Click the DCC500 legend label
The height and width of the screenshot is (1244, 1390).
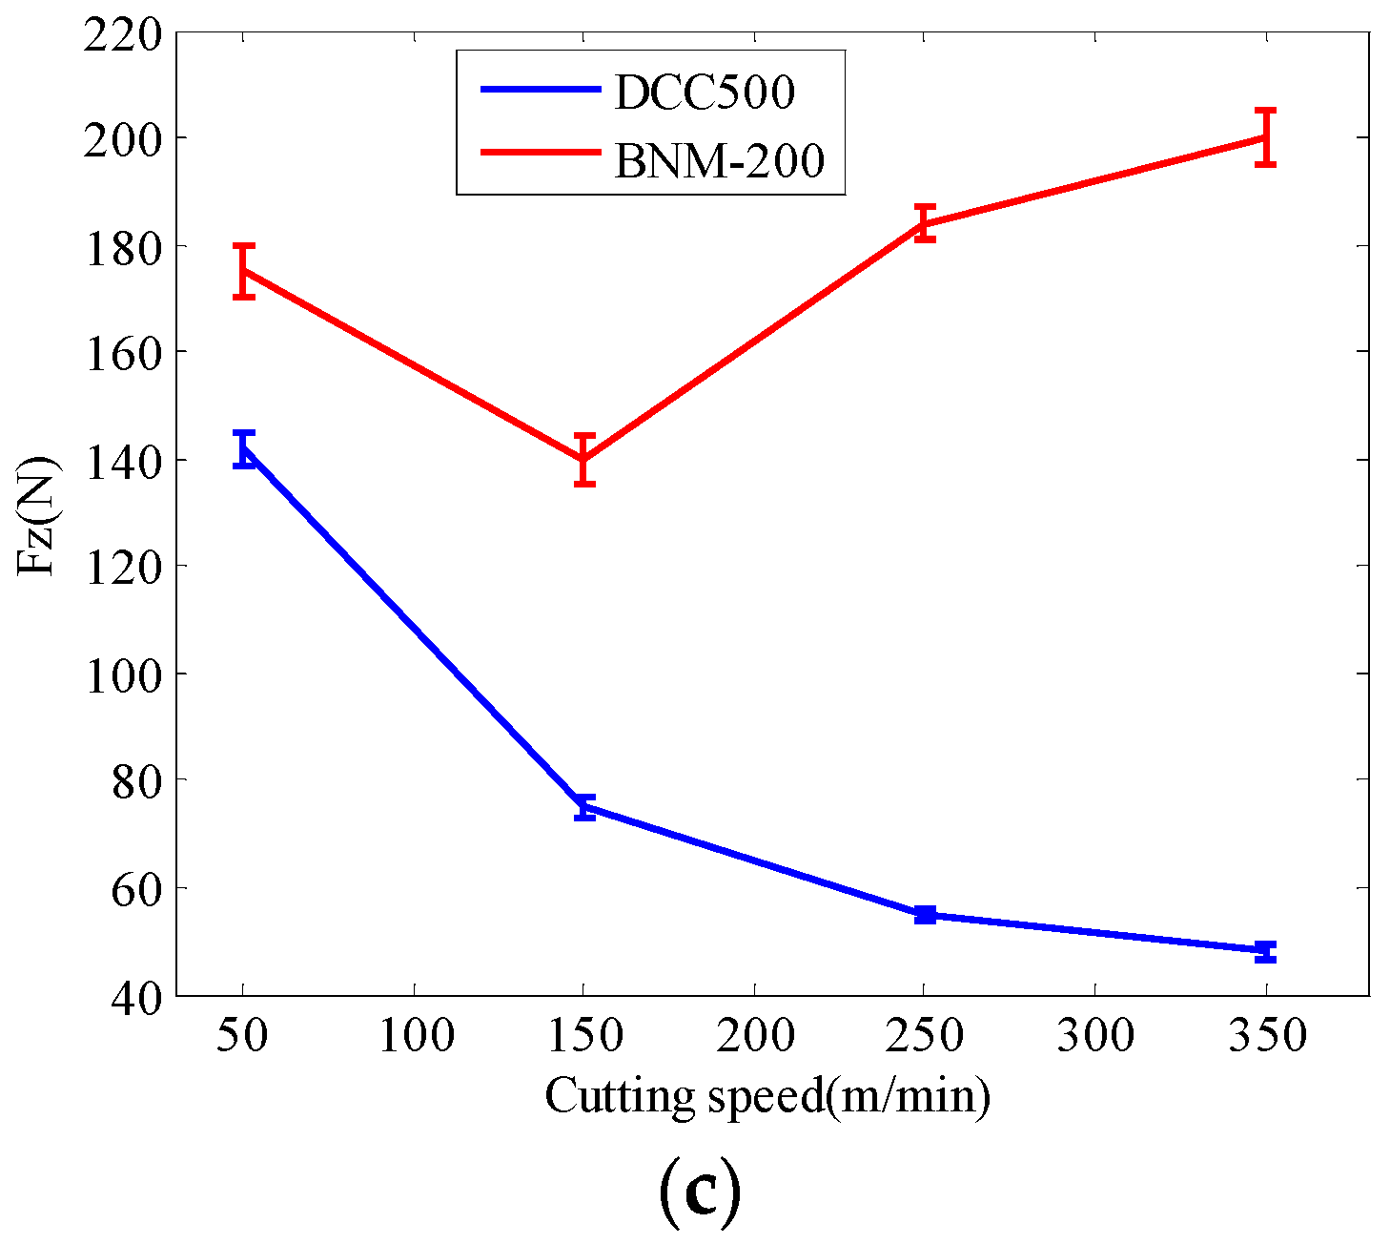(704, 93)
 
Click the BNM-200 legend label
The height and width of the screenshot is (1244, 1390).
(719, 159)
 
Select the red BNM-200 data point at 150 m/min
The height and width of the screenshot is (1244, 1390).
(584, 459)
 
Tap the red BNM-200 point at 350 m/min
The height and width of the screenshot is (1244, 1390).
(1265, 137)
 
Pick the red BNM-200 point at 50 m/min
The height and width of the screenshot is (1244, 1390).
(243, 271)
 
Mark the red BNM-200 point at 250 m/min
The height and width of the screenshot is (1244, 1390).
(924, 223)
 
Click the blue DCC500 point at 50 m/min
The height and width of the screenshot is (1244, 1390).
(243, 447)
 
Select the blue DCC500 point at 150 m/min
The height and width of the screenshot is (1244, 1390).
(584, 807)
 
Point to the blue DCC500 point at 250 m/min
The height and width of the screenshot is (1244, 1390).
(924, 914)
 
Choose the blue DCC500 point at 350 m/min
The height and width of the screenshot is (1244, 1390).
(1265, 950)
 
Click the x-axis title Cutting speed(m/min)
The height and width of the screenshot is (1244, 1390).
(767, 1096)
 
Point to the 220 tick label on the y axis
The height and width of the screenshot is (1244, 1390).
(122, 35)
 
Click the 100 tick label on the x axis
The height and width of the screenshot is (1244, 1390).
(416, 1036)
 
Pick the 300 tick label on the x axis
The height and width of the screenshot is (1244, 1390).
(1095, 1036)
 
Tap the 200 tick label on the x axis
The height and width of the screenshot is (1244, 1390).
(755, 1036)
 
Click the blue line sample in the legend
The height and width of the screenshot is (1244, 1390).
(540, 89)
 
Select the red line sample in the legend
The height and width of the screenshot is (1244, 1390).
(540, 153)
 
